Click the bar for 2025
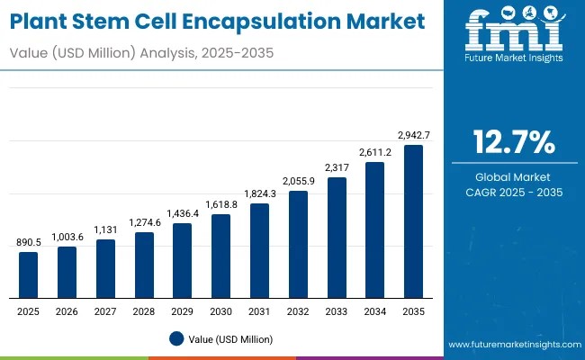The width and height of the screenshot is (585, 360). [x=29, y=274]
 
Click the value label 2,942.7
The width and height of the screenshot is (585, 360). [x=413, y=135]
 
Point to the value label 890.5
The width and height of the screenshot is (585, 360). [x=29, y=242]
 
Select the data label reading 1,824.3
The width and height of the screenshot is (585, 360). [x=259, y=193]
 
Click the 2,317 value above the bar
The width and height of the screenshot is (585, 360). [x=337, y=167]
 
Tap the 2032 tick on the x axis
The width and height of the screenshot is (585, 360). [x=298, y=310]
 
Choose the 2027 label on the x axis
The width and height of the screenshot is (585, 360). [x=105, y=310]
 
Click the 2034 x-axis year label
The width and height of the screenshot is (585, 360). [x=374, y=310]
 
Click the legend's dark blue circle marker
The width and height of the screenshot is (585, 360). [x=176, y=339]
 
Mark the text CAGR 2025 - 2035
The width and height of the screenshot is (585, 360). [x=515, y=192]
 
